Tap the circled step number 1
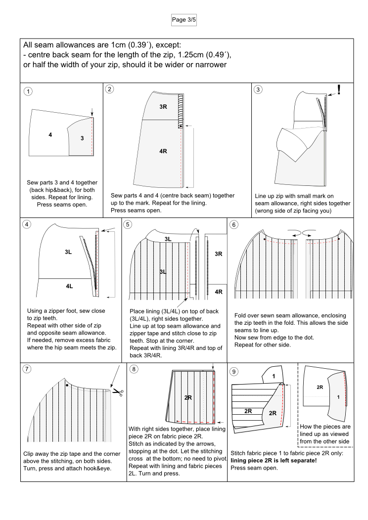pos(29,91)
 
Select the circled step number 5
pos(128,224)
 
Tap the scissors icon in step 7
pos(118,392)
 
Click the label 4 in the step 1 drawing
pos(50,134)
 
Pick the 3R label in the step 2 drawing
pos(163,107)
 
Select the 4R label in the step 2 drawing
pos(163,151)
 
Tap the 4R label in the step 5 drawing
pos(218,292)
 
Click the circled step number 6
pos(234,224)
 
